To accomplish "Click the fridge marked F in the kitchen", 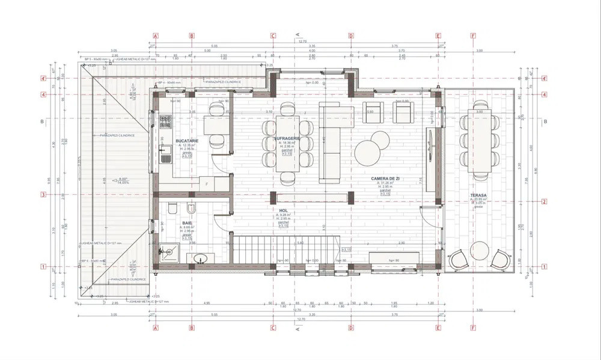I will click(x=207, y=184).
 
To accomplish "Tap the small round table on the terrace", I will click(x=479, y=248).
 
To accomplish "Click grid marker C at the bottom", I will click(x=273, y=328).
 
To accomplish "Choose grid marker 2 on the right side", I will click(x=543, y=201).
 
